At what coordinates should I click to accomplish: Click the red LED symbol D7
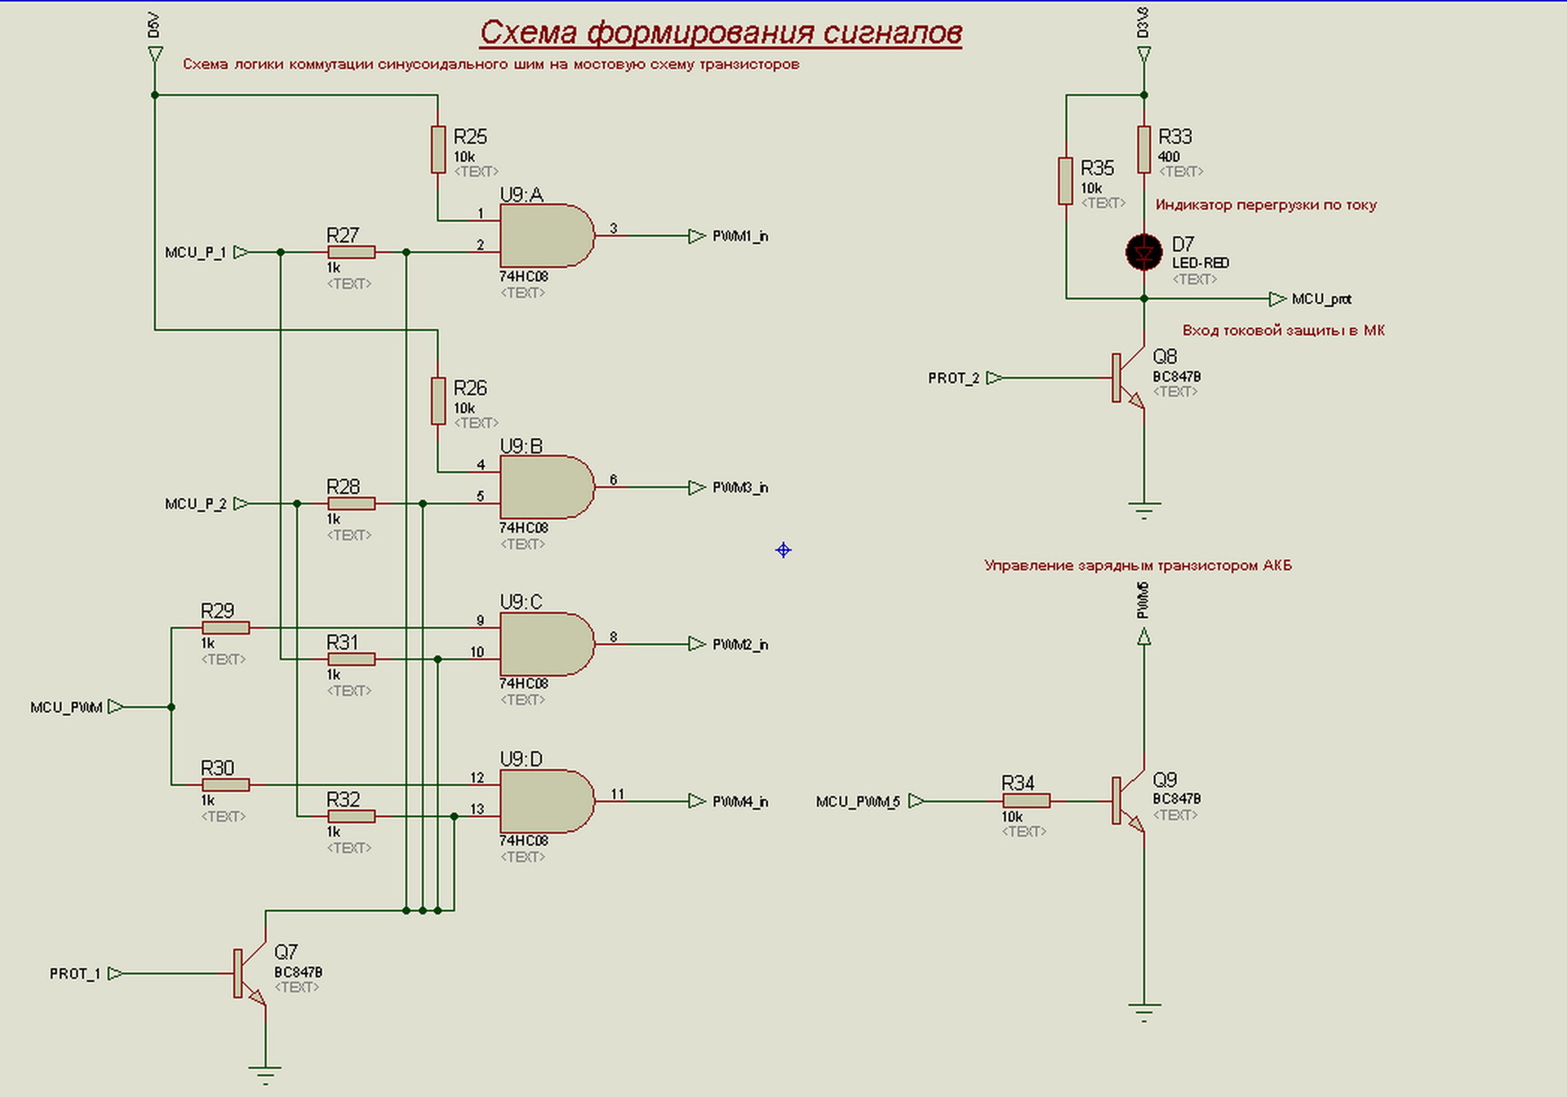click(1143, 252)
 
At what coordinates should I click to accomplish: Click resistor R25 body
click(438, 149)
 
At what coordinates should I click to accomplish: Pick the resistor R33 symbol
click(1143, 149)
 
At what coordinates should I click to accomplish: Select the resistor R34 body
click(1026, 801)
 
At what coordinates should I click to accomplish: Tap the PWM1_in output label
click(739, 237)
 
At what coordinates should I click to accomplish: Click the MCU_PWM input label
click(66, 708)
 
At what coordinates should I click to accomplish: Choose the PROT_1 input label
click(74, 974)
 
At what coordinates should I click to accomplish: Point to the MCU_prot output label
click(1321, 300)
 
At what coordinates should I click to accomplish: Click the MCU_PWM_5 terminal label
click(857, 802)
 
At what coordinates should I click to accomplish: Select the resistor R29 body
click(225, 628)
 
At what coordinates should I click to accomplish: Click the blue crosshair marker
click(783, 550)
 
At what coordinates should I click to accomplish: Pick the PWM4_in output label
click(739, 802)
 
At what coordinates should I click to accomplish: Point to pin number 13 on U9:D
click(477, 809)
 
